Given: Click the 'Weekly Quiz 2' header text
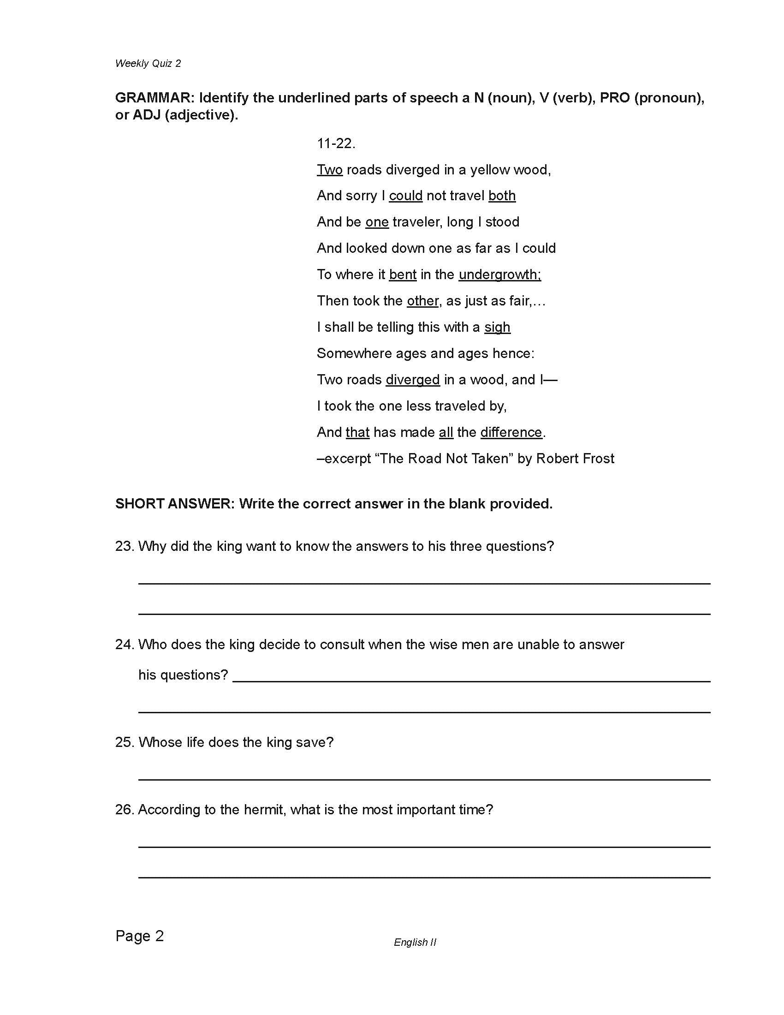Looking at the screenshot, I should (148, 64).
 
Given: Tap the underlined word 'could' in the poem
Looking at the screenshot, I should (405, 196).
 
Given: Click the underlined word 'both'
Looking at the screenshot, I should (502, 196).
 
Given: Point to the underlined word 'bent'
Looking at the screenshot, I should (403, 275).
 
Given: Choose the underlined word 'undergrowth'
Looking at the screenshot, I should (499, 275).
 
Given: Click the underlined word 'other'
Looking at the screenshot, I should (422, 301).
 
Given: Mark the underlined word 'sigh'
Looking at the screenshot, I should (497, 327).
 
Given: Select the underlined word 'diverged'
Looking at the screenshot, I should (412, 380).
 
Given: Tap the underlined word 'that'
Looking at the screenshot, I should (357, 432).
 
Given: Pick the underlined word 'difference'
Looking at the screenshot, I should (511, 432).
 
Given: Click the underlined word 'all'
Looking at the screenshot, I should (446, 432).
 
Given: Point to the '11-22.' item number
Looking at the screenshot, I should (336, 143).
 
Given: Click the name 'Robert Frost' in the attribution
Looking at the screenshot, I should (575, 459).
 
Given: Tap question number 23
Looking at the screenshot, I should (125, 546).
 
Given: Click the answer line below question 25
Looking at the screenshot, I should (424, 778).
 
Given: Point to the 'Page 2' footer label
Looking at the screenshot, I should (139, 936).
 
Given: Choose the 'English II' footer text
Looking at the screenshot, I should (415, 942).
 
